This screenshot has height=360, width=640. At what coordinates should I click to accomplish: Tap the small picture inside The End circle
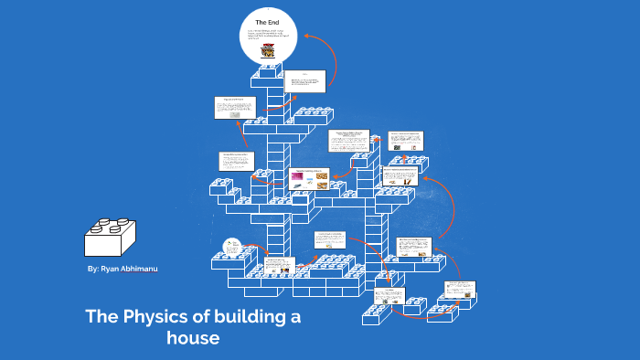[267, 51]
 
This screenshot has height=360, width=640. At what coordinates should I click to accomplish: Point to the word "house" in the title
[193, 337]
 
